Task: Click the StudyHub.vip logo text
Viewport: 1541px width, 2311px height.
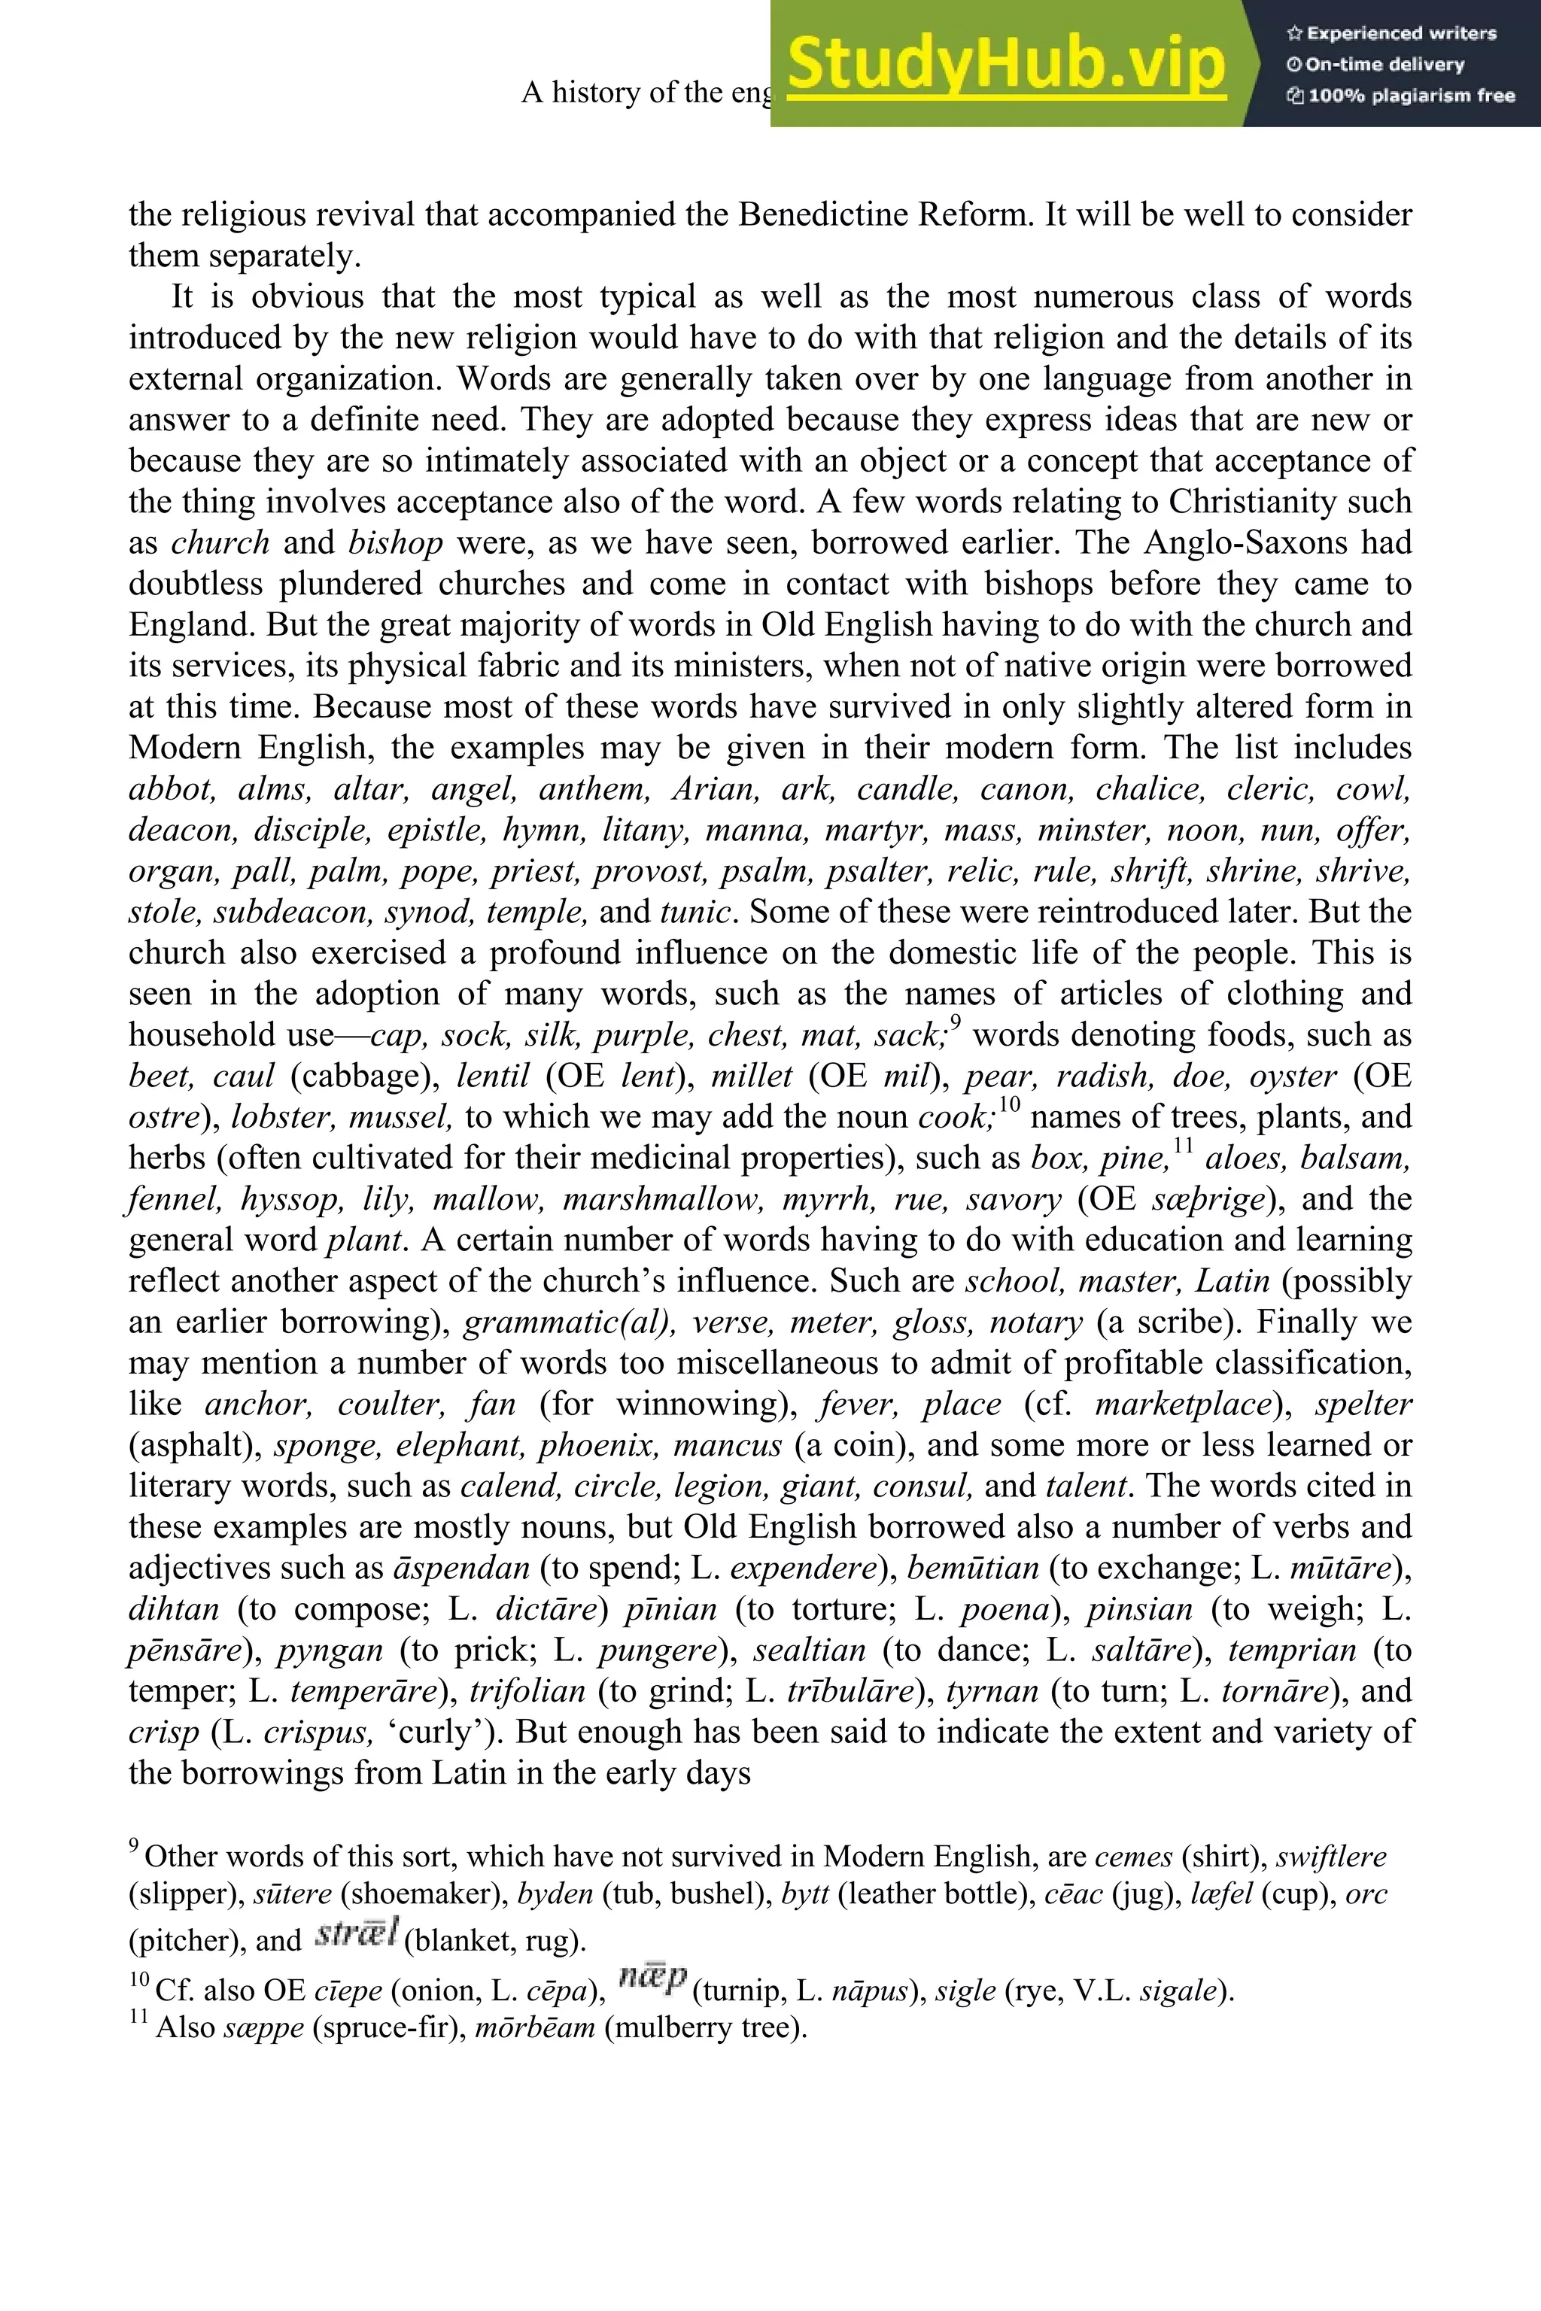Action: (1006, 64)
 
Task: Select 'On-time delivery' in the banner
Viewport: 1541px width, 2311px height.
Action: (1376, 65)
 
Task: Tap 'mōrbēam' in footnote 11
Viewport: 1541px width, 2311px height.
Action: (535, 2027)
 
